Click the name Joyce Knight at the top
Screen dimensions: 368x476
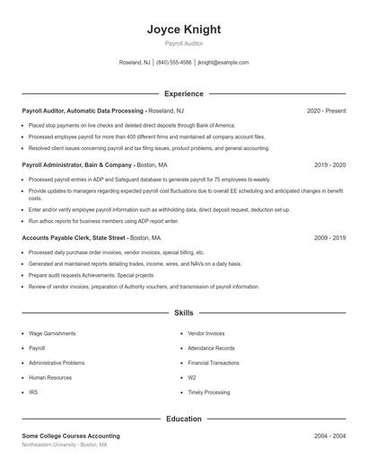tap(184, 30)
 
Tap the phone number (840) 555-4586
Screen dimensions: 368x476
tap(173, 63)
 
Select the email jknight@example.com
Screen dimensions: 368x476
tap(223, 63)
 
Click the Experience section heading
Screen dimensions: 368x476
tap(184, 93)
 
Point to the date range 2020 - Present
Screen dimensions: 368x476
tap(326, 110)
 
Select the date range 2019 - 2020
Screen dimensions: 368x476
tap(329, 165)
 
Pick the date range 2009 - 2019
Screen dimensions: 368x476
tap(329, 238)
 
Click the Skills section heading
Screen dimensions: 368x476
tap(184, 313)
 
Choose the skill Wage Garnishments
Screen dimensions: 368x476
tap(52, 333)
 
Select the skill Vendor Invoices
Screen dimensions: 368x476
tap(207, 333)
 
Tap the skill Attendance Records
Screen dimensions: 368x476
tap(211, 348)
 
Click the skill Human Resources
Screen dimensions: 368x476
tap(50, 377)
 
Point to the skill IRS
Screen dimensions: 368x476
tap(33, 392)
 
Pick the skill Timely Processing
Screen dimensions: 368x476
tap(209, 392)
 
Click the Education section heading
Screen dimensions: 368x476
tap(184, 419)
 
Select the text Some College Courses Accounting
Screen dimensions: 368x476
tap(71, 436)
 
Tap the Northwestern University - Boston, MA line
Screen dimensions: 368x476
tap(65, 445)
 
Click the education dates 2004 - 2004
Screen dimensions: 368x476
tap(329, 436)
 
